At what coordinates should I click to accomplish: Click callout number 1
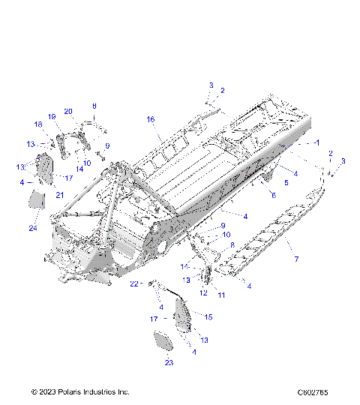point(316,142)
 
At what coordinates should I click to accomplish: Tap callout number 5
point(285,182)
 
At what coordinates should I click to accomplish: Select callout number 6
point(273,195)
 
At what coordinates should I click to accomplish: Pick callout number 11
point(221,295)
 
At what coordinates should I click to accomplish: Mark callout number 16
point(150,119)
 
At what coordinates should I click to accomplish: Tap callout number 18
point(37,124)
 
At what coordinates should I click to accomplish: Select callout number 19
point(52,117)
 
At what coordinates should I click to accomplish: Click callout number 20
point(67,112)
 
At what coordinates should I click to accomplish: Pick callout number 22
point(134,283)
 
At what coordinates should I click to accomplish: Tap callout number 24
point(32,228)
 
